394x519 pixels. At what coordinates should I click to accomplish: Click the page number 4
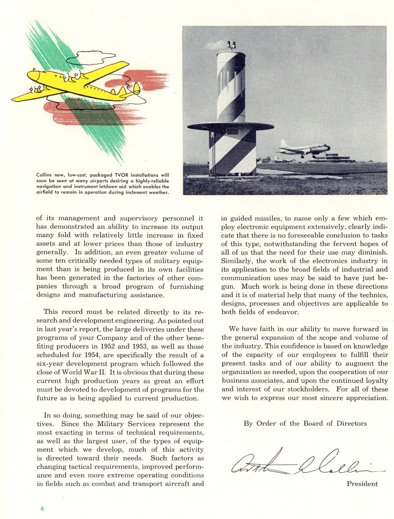coord(42,507)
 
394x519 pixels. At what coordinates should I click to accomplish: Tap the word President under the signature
coord(362,484)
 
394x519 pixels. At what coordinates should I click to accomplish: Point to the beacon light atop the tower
coord(231,46)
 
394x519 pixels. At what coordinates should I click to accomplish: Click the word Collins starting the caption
coord(46,175)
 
